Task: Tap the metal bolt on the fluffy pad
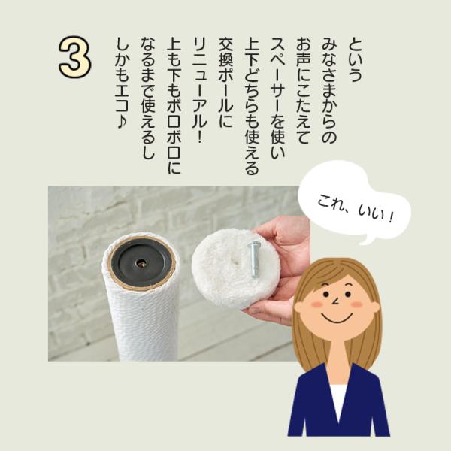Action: point(255,259)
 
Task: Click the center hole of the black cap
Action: point(141,262)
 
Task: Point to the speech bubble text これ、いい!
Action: point(355,208)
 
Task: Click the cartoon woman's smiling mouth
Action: point(337,318)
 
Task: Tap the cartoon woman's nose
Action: point(335,301)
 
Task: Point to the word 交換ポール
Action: point(225,74)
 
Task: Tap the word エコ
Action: point(123,99)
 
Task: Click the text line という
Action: point(356,59)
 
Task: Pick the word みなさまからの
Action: point(329,90)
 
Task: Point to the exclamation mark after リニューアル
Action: point(199,138)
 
